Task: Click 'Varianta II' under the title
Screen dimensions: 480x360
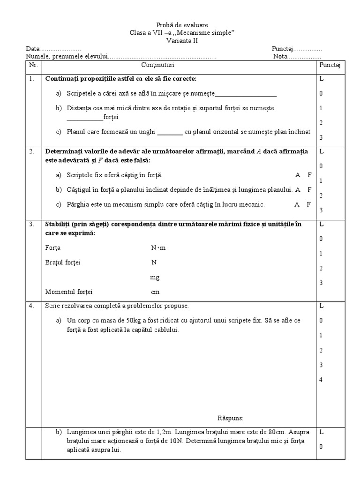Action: [x=182, y=41]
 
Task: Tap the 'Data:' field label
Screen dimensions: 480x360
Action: [x=33, y=49]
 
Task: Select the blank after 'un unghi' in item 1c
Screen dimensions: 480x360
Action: [x=170, y=132]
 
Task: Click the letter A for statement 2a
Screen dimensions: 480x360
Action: [x=298, y=175]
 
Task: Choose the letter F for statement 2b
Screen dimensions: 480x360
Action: [x=309, y=190]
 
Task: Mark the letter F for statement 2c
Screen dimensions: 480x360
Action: [x=308, y=204]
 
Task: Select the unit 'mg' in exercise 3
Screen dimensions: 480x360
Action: [x=155, y=277]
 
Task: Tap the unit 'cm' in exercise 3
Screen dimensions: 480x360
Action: [x=155, y=292]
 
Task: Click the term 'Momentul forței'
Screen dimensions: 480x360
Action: [x=69, y=292]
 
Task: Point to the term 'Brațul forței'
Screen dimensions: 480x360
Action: [x=63, y=262]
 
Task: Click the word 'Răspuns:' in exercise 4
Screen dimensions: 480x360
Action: [x=231, y=418]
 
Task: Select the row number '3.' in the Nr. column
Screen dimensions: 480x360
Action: [x=32, y=224]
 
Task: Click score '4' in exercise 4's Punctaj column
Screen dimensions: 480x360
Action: [x=321, y=379]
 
